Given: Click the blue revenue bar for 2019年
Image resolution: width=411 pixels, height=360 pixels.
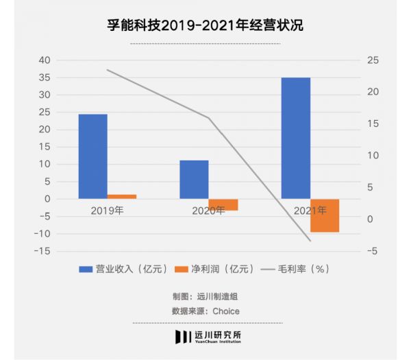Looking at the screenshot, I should tap(92, 156).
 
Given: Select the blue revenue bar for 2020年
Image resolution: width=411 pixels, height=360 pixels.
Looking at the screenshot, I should tap(194, 180).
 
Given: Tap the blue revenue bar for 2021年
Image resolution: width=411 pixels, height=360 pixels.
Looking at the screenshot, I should tap(295, 138).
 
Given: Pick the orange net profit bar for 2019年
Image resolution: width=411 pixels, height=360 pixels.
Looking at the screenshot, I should tap(122, 197).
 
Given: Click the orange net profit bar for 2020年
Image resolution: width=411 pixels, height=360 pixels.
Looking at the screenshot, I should tap(223, 204).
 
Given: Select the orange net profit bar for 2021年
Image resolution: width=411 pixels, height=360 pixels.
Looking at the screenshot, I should tap(325, 215).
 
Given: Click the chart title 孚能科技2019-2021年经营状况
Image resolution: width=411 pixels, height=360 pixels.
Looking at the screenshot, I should tap(205, 25).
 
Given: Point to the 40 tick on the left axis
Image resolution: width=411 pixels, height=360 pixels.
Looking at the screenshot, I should tap(44, 60).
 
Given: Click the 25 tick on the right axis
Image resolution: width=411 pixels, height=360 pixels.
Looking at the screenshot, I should tap(373, 60).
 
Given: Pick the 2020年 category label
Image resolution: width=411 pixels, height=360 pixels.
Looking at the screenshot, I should tap(208, 211).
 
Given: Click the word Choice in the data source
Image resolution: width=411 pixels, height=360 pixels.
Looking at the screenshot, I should tap(225, 311).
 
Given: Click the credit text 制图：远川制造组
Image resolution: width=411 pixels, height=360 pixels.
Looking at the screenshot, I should tap(205, 297).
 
